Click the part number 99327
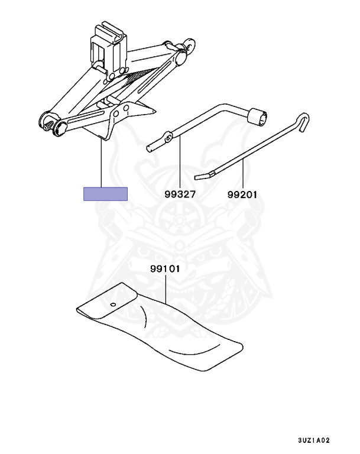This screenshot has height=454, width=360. [x=180, y=194]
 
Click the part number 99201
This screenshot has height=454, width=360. [x=242, y=194]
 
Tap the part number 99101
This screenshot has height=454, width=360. [x=165, y=269]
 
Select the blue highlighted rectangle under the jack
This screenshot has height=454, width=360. [x=105, y=194]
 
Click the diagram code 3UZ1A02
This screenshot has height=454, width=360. [x=314, y=440]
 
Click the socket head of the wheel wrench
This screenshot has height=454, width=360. [x=258, y=116]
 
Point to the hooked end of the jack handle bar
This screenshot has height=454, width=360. [x=303, y=122]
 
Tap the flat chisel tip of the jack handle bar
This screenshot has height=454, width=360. [x=204, y=176]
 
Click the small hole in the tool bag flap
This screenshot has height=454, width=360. [x=113, y=304]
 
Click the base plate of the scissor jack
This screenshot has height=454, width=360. [x=122, y=120]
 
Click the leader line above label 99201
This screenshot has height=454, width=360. [x=243, y=173]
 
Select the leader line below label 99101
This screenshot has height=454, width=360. [x=166, y=289]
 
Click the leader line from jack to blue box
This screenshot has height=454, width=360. [x=101, y=163]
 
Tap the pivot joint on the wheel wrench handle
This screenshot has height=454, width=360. [x=168, y=137]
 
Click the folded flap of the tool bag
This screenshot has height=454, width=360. [x=108, y=301]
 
